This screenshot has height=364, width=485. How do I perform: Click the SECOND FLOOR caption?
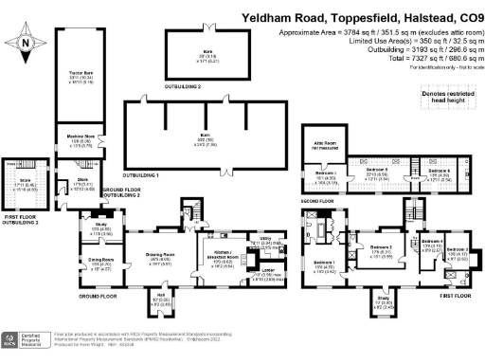[320, 201]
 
